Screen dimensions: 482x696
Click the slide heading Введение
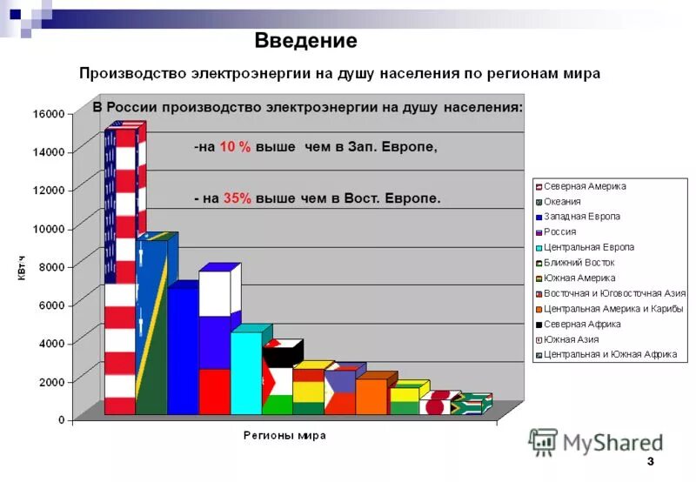pyautogui.click(x=305, y=41)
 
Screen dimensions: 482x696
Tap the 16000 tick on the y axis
pyautogui.click(x=49, y=114)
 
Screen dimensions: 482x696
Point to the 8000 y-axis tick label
pyautogui.click(x=51, y=266)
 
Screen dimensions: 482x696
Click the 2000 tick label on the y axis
pyautogui.click(x=51, y=382)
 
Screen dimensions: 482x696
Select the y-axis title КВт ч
pyautogui.click(x=20, y=267)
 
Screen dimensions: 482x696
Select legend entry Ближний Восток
pyautogui.click(x=579, y=263)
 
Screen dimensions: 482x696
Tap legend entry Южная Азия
pyautogui.click(x=571, y=339)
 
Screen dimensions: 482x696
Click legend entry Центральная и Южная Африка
pyautogui.click(x=607, y=354)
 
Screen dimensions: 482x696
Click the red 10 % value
pyautogui.click(x=235, y=148)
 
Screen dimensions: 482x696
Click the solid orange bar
pyautogui.click(x=371, y=396)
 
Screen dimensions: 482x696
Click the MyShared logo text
pyautogui.click(x=612, y=444)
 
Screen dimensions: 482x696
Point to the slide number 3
pyautogui.click(x=650, y=461)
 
